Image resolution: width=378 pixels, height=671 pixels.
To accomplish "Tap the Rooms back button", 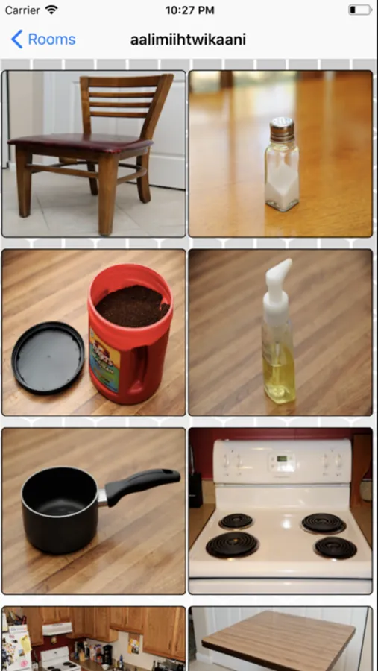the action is (43, 40).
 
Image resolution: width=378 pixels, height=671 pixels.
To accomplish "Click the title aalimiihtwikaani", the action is (188, 40).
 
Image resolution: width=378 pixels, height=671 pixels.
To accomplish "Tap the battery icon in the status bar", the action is (360, 10).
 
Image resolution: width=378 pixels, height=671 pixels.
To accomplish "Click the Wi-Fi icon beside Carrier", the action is (51, 10).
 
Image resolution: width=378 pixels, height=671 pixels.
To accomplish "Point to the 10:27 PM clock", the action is (190, 10).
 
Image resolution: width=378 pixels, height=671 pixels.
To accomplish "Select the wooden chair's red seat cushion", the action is (80, 143).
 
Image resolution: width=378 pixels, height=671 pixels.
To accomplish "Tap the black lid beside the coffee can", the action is (48, 358).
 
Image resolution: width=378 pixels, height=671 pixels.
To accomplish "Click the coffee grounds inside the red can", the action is (132, 306).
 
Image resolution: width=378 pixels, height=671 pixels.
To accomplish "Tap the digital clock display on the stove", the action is (282, 459).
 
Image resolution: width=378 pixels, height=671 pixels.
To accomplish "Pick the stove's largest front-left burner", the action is (232, 545).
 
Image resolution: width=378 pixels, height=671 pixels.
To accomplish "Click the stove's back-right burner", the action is (324, 523).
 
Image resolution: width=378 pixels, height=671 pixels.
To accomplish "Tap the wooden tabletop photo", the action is (280, 638).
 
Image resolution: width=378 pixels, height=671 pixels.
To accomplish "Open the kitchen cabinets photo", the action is (94, 638).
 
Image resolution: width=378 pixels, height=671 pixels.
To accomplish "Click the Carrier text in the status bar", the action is (23, 10).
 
